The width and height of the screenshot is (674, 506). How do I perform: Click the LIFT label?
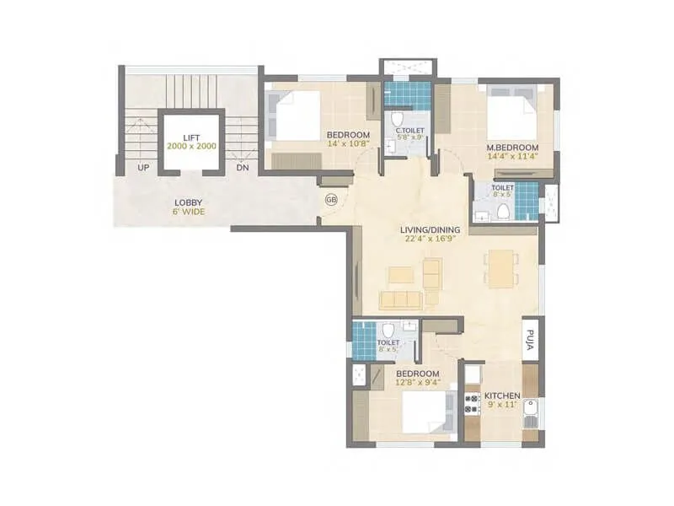[191, 136]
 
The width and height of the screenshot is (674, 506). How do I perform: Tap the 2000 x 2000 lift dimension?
[191, 146]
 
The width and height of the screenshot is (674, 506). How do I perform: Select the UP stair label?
[143, 168]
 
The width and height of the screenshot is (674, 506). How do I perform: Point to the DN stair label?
[243, 168]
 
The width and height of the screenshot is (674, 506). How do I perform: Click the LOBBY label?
[188, 202]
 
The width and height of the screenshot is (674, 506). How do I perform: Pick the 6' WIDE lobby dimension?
[188, 212]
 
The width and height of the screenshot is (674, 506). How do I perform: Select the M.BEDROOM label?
[513, 147]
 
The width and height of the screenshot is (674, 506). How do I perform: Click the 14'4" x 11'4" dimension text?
[513, 156]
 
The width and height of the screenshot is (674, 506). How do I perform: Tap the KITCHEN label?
[502, 396]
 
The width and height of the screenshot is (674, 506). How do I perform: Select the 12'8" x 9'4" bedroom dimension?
[417, 383]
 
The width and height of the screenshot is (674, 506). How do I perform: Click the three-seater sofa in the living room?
[400, 300]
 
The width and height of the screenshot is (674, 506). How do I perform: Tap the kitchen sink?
[530, 412]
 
